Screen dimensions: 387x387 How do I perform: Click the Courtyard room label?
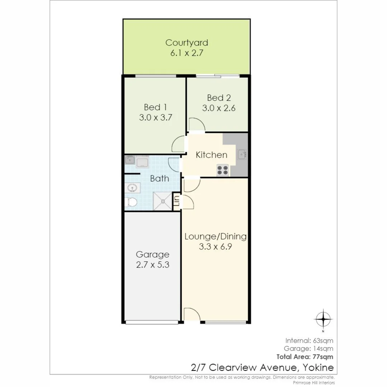pos(187,43)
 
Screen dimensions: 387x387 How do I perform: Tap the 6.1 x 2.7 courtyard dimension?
pos(187,53)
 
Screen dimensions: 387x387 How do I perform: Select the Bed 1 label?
pos(155,107)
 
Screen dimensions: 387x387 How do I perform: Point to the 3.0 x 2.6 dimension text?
pos(219,108)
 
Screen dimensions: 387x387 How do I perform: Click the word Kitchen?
pos(211,155)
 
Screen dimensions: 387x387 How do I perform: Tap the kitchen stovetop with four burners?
pos(223,170)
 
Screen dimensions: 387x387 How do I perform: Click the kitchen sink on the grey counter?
pos(242,154)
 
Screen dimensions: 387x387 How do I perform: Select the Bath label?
pos(159,178)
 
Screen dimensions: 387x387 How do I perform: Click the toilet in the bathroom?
pos(130,202)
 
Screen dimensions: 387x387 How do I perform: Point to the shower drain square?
pos(162,201)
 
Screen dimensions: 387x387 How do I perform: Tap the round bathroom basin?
pos(132,188)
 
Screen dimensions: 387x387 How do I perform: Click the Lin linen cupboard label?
pos(177,201)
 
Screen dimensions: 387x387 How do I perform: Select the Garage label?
pos(153,254)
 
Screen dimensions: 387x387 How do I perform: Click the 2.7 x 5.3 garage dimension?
pos(153,265)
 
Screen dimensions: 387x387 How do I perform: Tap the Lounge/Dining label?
pos(215,236)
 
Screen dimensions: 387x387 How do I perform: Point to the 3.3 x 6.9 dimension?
pos(215,247)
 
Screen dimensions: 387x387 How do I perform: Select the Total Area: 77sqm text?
pos(305,357)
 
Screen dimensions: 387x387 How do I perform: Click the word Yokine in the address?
pos(318,368)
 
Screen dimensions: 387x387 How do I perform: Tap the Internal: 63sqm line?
pos(309,341)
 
